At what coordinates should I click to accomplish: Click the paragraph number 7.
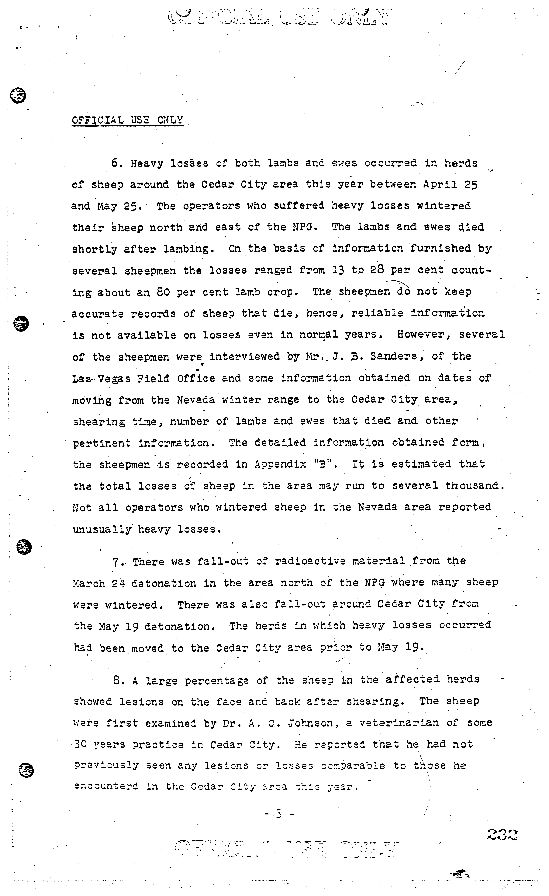116,562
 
